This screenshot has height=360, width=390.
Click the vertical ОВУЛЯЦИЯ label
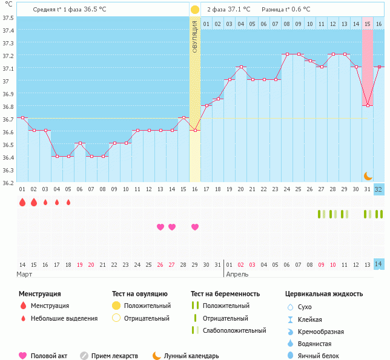(194, 36)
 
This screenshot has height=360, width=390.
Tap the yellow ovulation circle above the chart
(194, 10)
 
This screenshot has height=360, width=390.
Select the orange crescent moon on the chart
(368, 175)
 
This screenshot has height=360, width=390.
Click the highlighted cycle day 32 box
(378, 189)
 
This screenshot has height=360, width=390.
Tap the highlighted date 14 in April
(378, 264)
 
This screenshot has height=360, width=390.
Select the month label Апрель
(237, 275)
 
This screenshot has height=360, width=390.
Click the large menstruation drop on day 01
(22, 202)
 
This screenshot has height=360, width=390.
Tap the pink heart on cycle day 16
(194, 227)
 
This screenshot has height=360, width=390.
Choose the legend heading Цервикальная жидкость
(324, 294)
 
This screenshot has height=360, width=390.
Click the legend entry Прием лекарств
(114, 356)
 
